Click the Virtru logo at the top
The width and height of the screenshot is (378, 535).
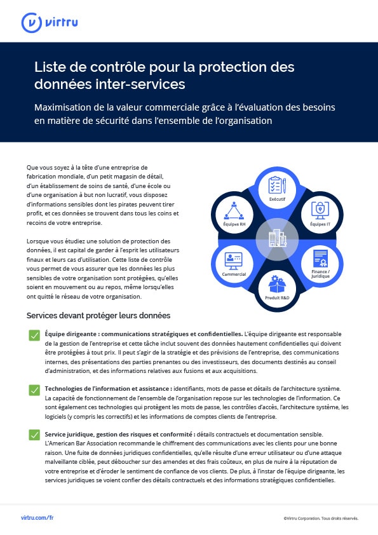pos(50,23)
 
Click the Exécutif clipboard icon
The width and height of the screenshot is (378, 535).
pos(277,186)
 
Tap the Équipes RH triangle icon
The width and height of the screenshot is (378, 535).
pos(234,211)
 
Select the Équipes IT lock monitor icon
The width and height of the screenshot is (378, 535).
pos(320,210)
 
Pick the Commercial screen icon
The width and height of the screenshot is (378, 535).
pos(234,261)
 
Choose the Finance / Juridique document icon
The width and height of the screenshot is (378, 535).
pos(321,259)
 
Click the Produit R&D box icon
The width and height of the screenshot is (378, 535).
pos(277,284)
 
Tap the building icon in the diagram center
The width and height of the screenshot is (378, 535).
pos(278,238)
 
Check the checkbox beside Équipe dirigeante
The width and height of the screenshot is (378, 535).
pos(34,335)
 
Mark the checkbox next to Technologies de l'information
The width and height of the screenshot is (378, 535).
pos(34,390)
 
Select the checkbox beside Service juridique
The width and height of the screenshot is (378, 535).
pos(34,435)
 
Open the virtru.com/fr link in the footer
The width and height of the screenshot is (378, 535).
pos(37,518)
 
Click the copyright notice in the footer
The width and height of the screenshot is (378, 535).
pos(321,518)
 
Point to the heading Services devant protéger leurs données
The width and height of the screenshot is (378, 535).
pos(98,316)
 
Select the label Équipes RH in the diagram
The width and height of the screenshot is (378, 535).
pos(234,224)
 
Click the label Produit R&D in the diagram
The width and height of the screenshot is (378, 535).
pos(277,298)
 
